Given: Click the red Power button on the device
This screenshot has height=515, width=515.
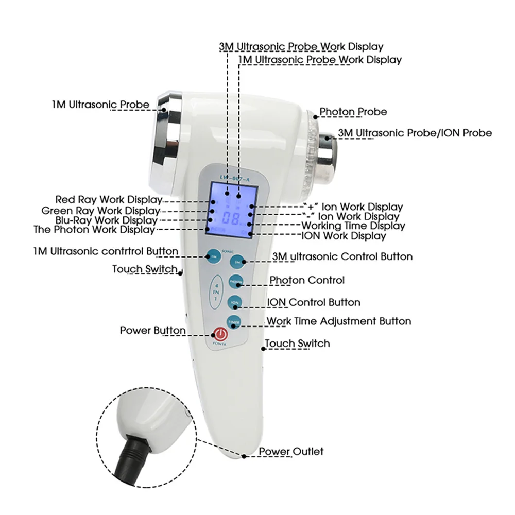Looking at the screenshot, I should pyautogui.click(x=220, y=334).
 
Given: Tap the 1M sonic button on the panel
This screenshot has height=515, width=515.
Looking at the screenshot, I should pyautogui.click(x=212, y=256).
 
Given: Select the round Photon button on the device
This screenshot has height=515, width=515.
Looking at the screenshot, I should pyautogui.click(x=235, y=282).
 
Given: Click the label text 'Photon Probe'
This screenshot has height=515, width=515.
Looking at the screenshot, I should pyautogui.click(x=353, y=112).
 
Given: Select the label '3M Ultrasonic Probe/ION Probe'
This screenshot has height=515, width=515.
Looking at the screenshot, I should pyautogui.click(x=415, y=133).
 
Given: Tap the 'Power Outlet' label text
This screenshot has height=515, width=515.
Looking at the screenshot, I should pyautogui.click(x=291, y=452).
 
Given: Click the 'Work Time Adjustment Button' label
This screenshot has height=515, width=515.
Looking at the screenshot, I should pyautogui.click(x=338, y=321).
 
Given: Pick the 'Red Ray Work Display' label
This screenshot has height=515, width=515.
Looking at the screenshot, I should pyautogui.click(x=109, y=199).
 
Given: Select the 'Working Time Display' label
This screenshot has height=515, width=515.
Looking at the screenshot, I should pyautogui.click(x=353, y=226).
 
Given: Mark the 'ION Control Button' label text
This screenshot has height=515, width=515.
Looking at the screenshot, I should pyautogui.click(x=314, y=302).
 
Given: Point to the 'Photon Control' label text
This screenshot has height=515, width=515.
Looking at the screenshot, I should pyautogui.click(x=307, y=280).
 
